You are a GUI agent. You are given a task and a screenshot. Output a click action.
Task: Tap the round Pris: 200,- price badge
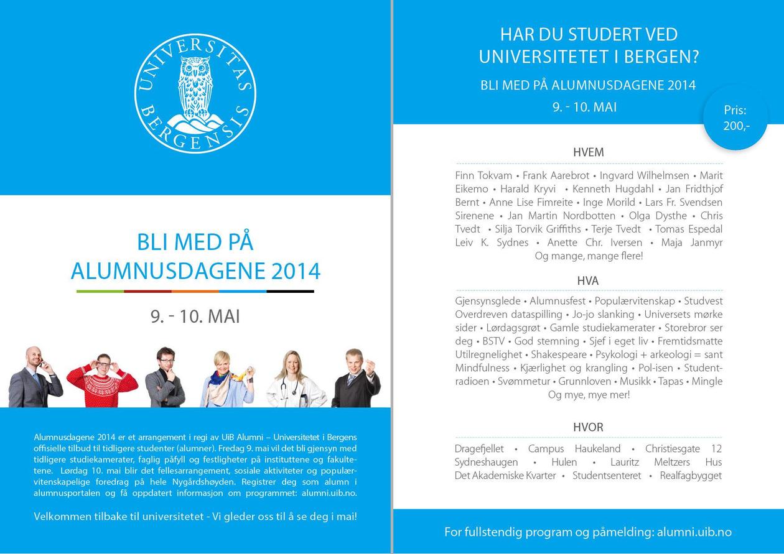(736, 118)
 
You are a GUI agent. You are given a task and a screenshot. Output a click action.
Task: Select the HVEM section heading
(588, 152)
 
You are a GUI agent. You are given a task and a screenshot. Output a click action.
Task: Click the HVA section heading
(588, 281)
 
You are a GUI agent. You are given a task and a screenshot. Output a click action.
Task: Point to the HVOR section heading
(588, 427)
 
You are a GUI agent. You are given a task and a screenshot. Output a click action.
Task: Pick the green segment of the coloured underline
(100, 291)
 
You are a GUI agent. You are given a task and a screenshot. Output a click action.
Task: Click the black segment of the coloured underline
(290, 291)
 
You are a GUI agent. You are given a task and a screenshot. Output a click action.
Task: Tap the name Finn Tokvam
(483, 175)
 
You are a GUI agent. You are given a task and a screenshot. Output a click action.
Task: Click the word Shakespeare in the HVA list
(558, 354)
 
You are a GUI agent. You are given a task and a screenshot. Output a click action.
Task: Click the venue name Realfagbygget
(691, 476)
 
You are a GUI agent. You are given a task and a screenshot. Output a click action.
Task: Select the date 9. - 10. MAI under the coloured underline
(195, 316)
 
